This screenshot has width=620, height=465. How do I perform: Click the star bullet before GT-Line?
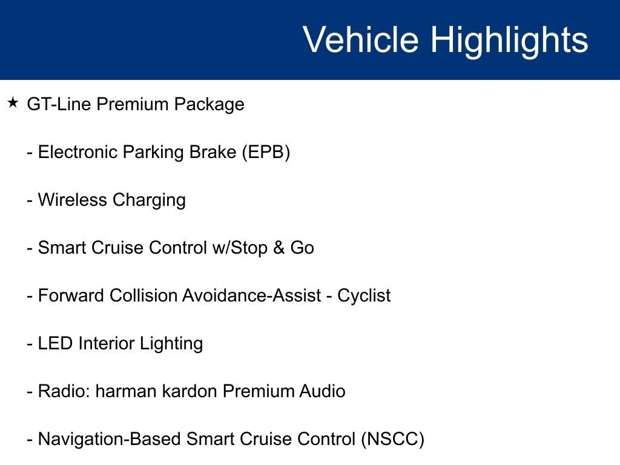(x=13, y=103)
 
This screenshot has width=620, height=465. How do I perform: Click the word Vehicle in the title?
(x=361, y=39)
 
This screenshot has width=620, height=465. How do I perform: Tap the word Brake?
(x=213, y=152)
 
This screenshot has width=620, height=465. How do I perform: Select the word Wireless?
(x=73, y=200)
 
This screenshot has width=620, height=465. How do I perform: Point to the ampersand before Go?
(x=279, y=248)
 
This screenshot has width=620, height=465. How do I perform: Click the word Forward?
(x=71, y=295)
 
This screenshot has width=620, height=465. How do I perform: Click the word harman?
(x=126, y=392)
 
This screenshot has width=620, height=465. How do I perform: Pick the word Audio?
(x=322, y=392)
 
